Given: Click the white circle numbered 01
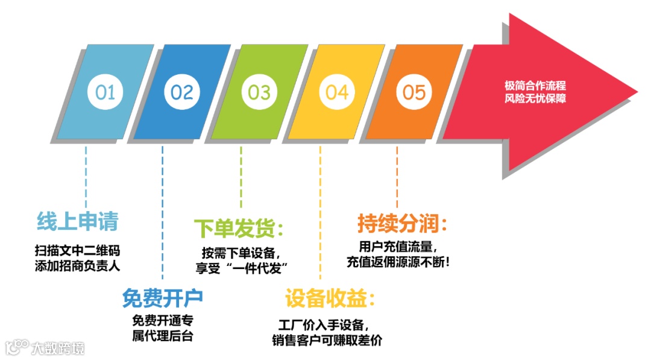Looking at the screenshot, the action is click(x=105, y=92).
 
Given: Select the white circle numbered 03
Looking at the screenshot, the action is click(x=259, y=92).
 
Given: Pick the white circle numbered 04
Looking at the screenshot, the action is click(x=337, y=92).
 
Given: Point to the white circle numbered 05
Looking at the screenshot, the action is click(x=414, y=92).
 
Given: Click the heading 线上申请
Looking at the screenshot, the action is click(x=77, y=222).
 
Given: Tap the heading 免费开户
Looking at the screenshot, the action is click(x=162, y=297).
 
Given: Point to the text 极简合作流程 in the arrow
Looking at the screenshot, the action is click(x=535, y=86).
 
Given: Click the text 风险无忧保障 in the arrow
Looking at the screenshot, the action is click(x=535, y=98).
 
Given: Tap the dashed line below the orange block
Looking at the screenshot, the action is click(x=397, y=175).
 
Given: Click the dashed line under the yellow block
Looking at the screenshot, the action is click(x=320, y=211).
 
